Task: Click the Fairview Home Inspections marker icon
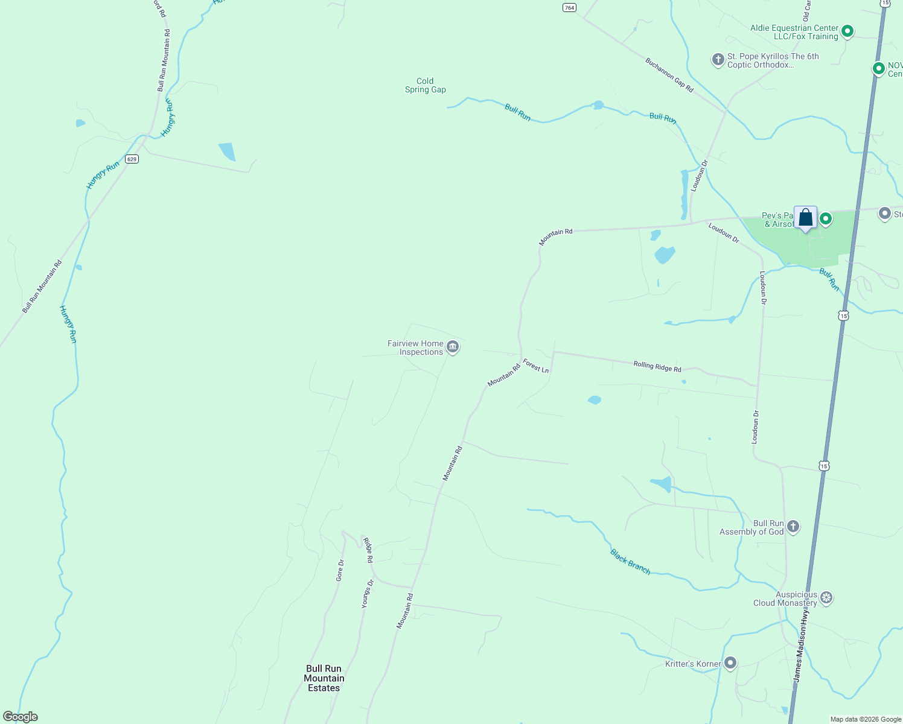(453, 347)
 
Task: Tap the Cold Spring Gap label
(426, 85)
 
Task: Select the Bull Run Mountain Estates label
(324, 678)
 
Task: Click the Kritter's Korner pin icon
(730, 664)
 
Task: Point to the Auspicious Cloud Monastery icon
(826, 598)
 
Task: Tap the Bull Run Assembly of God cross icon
(793, 527)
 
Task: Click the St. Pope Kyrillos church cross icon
(718, 59)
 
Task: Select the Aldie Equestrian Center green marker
(847, 31)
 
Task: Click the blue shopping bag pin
(805, 218)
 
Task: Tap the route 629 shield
(132, 159)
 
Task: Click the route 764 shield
(569, 7)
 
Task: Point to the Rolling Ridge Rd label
(657, 366)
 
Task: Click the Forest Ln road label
(536, 366)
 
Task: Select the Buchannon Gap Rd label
(669, 75)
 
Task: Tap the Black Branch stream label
(630, 562)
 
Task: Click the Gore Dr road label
(340, 570)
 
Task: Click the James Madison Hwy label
(801, 645)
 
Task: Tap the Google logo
(21, 717)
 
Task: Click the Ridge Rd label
(368, 550)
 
